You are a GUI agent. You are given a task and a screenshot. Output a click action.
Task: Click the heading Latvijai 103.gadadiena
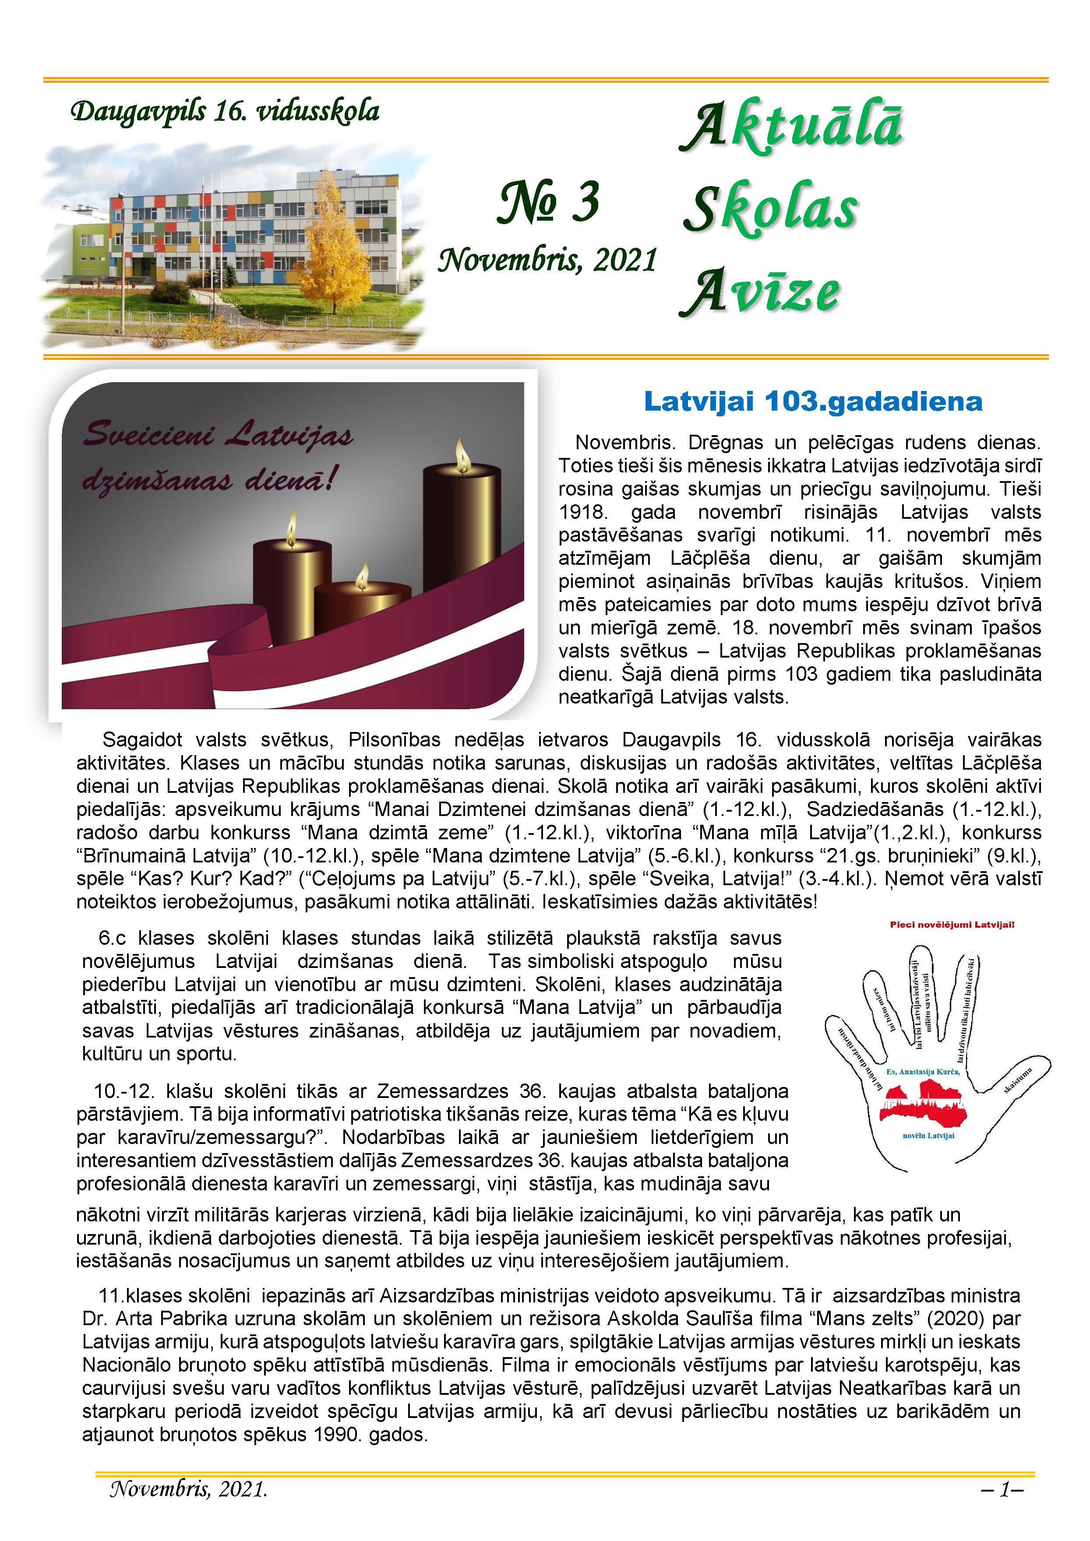pos(813,402)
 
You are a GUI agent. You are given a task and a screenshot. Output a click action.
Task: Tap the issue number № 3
pos(548,203)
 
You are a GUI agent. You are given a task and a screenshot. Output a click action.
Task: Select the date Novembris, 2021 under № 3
pos(547,260)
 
